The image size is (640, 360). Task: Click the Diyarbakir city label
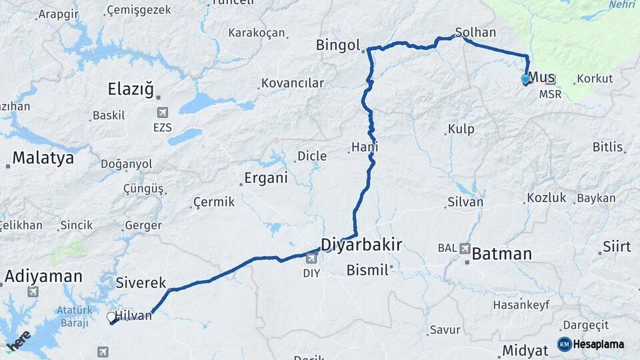(361, 245)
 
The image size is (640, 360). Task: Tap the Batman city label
(502, 254)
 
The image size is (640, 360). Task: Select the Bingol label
(338, 46)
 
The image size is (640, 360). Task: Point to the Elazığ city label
(131, 89)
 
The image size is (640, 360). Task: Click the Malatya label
(43, 158)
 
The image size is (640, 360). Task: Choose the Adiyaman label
(43, 276)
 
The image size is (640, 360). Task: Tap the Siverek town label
(141, 283)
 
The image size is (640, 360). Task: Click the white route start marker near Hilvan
(111, 317)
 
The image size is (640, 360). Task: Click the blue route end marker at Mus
(525, 79)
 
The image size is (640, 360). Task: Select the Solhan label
(475, 32)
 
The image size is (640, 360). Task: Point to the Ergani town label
(265, 178)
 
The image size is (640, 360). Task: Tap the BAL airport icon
(465, 248)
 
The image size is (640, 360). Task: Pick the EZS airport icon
(162, 113)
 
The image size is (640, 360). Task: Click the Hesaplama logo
(591, 344)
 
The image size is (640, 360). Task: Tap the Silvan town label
(465, 201)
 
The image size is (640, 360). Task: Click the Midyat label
(525, 350)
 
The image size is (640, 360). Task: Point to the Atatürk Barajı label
(73, 317)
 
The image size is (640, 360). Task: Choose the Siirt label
(617, 247)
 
